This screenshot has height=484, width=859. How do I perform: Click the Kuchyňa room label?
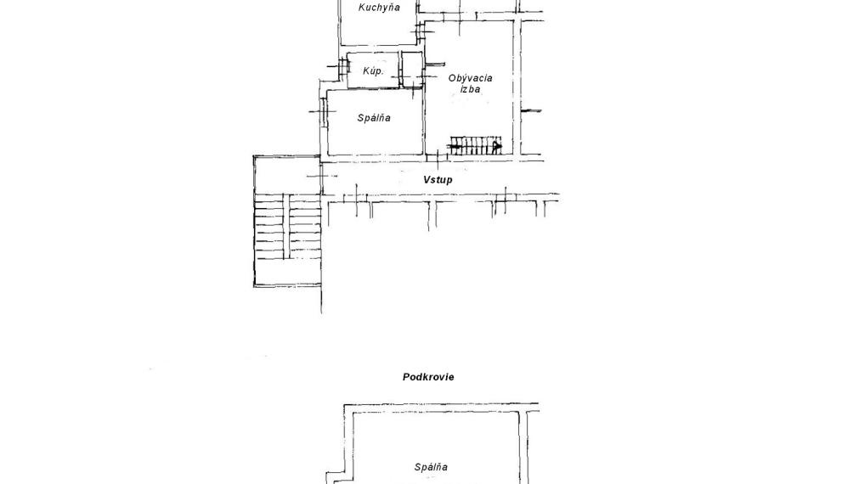click(x=379, y=8)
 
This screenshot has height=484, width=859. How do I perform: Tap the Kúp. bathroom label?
click(x=373, y=70)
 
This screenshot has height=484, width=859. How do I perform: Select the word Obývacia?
click(x=470, y=78)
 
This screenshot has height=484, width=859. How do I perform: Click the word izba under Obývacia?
click(x=471, y=88)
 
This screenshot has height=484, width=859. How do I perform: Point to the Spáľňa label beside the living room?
click(x=374, y=118)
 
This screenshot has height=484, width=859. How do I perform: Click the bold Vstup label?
click(x=438, y=179)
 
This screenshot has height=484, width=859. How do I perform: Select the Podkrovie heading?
click(x=428, y=377)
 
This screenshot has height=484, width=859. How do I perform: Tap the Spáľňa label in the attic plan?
click(x=431, y=467)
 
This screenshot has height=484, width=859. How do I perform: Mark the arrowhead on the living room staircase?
click(x=497, y=146)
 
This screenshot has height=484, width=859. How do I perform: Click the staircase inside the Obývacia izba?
click(x=476, y=146)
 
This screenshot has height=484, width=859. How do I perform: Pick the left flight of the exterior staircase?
click(x=269, y=226)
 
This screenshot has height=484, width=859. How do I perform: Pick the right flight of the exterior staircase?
click(x=304, y=226)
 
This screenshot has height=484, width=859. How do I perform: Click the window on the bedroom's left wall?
click(x=324, y=112)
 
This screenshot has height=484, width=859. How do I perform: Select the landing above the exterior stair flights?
click(x=287, y=175)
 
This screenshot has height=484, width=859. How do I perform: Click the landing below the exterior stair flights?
click(x=287, y=272)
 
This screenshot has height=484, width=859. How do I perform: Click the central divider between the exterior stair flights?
click(x=286, y=226)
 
